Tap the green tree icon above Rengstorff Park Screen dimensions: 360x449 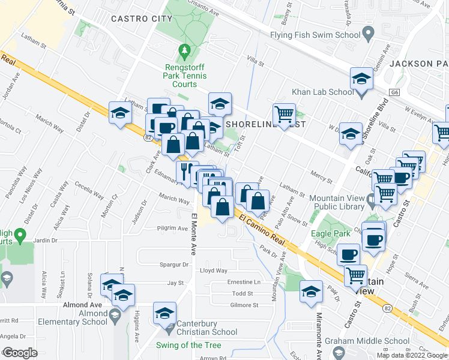(185, 50)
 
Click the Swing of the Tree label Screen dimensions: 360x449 (188, 345)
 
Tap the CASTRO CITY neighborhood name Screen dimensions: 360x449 (142, 19)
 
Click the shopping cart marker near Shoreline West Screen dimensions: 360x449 (284, 113)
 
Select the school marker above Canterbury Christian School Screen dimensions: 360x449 (164, 312)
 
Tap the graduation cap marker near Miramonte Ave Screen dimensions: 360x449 (310, 292)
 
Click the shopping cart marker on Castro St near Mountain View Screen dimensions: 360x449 (356, 275)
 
